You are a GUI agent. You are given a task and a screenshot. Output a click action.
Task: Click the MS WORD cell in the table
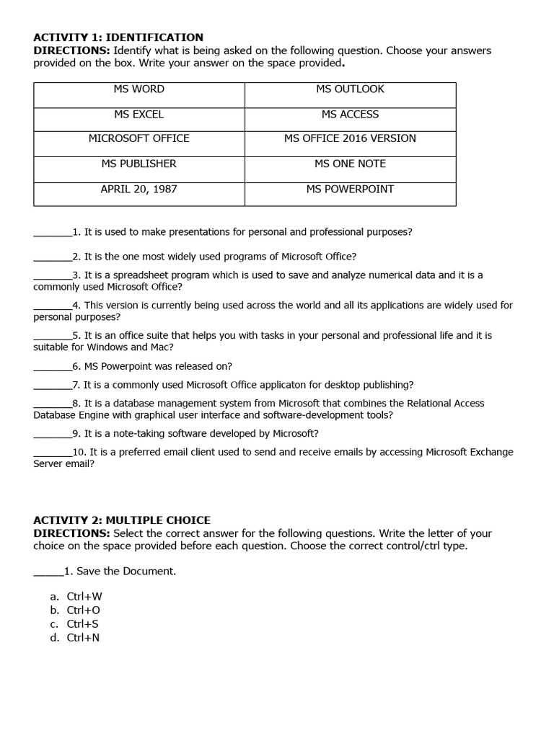pyautogui.click(x=139, y=89)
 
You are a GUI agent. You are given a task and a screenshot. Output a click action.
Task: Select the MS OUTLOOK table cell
pyautogui.click(x=350, y=89)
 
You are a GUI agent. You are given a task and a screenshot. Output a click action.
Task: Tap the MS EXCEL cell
pyautogui.click(x=139, y=115)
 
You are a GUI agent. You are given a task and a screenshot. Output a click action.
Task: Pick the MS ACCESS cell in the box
pyautogui.click(x=350, y=115)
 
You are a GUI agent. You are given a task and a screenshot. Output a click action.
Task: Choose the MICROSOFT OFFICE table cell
pyautogui.click(x=139, y=138)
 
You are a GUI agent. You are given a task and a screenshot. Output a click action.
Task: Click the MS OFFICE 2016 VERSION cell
pyautogui.click(x=350, y=138)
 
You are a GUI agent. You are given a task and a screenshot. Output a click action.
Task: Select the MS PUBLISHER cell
pyautogui.click(x=139, y=164)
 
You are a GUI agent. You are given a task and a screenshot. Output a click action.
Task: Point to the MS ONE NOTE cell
pyautogui.click(x=350, y=164)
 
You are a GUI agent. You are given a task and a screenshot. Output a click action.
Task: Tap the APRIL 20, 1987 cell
pyautogui.click(x=139, y=189)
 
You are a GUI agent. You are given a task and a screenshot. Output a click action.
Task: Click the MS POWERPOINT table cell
pyautogui.click(x=350, y=189)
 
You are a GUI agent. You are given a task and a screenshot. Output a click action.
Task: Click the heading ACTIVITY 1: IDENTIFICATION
pyautogui.click(x=118, y=37)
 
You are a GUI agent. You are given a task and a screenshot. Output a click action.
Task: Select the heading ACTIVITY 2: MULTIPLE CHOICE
pyautogui.click(x=122, y=520)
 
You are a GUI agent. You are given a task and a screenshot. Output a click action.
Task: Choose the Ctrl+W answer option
pyautogui.click(x=84, y=596)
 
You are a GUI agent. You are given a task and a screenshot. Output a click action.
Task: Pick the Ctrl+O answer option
pyautogui.click(x=84, y=610)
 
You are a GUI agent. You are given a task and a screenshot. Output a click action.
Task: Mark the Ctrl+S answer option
pyautogui.click(x=83, y=624)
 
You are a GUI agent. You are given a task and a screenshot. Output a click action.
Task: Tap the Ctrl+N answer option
pyautogui.click(x=84, y=638)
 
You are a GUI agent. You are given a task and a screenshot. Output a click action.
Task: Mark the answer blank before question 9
pyautogui.click(x=53, y=435)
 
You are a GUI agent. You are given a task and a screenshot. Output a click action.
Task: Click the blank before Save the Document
pyautogui.click(x=48, y=572)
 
